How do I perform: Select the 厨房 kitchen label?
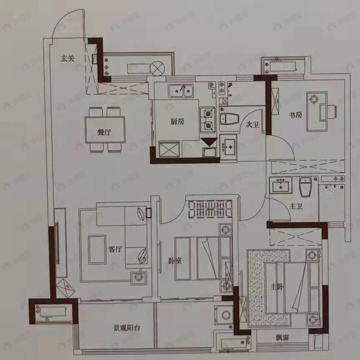(x=177, y=122)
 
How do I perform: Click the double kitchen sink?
(x=180, y=89)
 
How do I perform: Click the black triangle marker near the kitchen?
(x=209, y=142)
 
